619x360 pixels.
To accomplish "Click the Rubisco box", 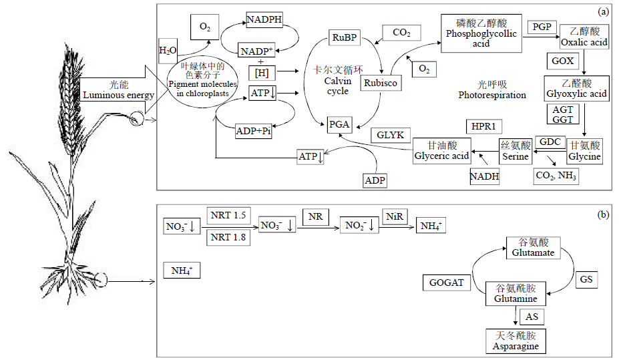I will tap(379, 83).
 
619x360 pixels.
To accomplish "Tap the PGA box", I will tap(339, 125).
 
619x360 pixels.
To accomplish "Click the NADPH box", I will tap(264, 20).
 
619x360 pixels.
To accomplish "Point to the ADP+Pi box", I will tap(254, 132).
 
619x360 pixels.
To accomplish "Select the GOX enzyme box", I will tap(563, 61).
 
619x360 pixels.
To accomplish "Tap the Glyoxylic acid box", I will tap(576, 89).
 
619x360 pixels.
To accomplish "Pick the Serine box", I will tap(515, 151).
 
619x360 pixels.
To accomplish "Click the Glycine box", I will tap(584, 151).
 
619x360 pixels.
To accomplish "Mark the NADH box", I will tap(484, 176).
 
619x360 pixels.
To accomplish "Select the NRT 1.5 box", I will tap(228, 215).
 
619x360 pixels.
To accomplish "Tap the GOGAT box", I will tap(446, 283).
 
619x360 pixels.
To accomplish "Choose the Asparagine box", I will tap(514, 341).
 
